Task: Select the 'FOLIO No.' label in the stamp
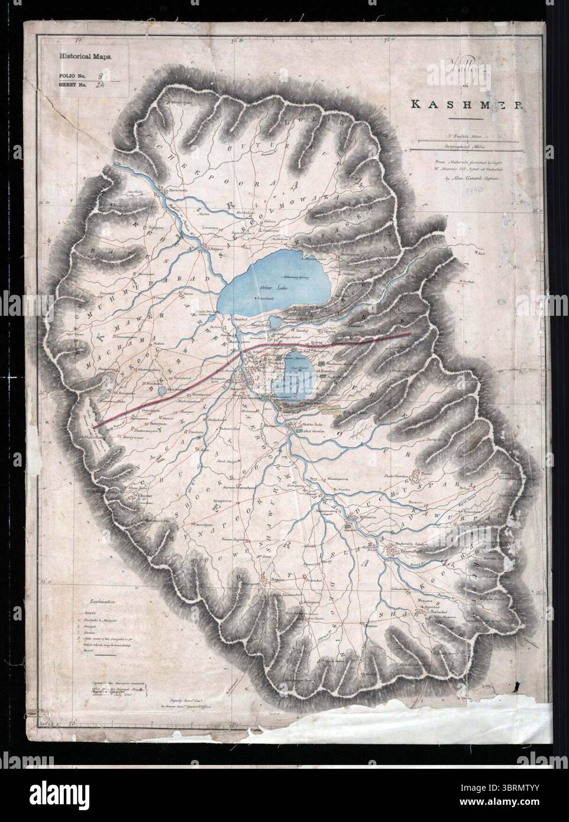tap(73, 77)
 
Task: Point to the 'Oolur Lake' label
tap(268, 287)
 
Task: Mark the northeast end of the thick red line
tap(410, 334)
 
